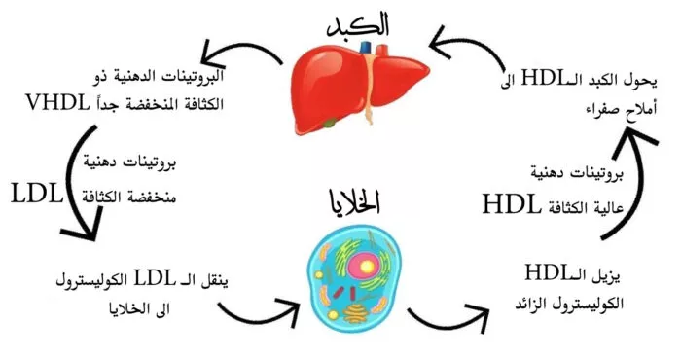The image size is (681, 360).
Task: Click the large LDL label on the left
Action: pos(37,192)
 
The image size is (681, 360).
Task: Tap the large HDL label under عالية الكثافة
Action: pos(518,205)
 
